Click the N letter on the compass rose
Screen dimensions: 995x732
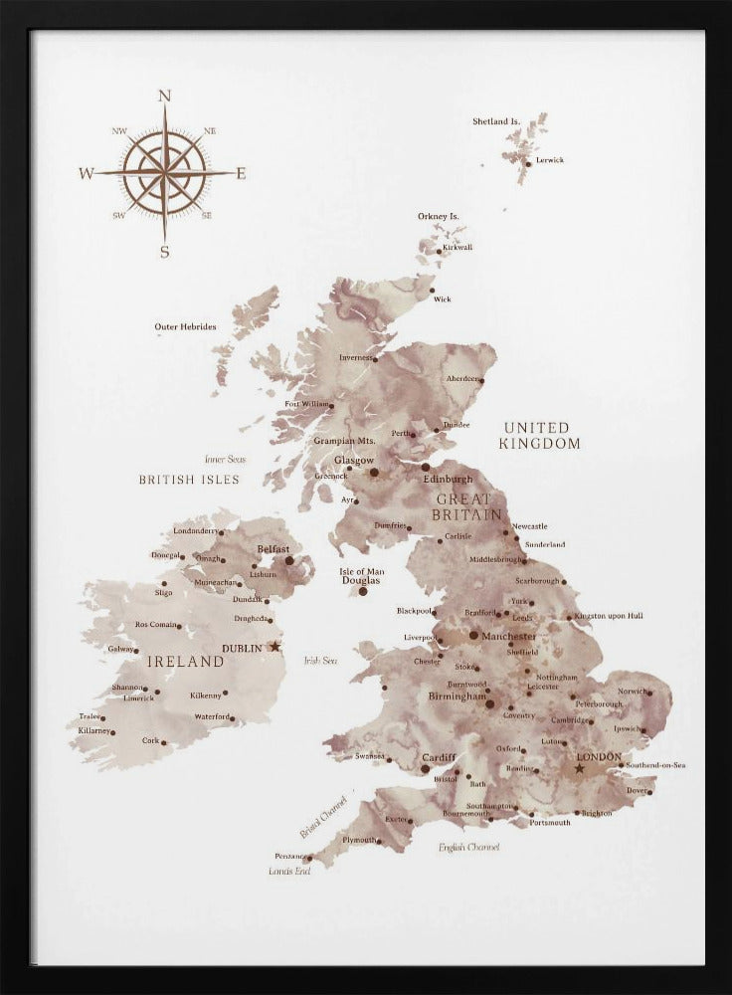165,96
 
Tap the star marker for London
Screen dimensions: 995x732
579,768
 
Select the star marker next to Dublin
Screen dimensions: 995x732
275,647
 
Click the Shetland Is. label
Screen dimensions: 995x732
496,121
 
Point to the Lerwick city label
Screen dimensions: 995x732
550,160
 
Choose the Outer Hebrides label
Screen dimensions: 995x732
185,326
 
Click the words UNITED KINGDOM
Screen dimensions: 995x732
540,436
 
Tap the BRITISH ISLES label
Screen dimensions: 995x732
189,480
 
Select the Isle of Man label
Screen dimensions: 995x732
362,571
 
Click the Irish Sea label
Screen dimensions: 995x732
320,660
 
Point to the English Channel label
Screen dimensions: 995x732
468,847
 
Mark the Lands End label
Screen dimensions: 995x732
289,871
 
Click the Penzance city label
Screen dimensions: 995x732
291,856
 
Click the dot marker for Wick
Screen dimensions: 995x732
433,291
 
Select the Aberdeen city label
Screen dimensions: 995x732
463,379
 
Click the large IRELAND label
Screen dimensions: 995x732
185,661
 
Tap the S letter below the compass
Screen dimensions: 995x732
165,253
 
